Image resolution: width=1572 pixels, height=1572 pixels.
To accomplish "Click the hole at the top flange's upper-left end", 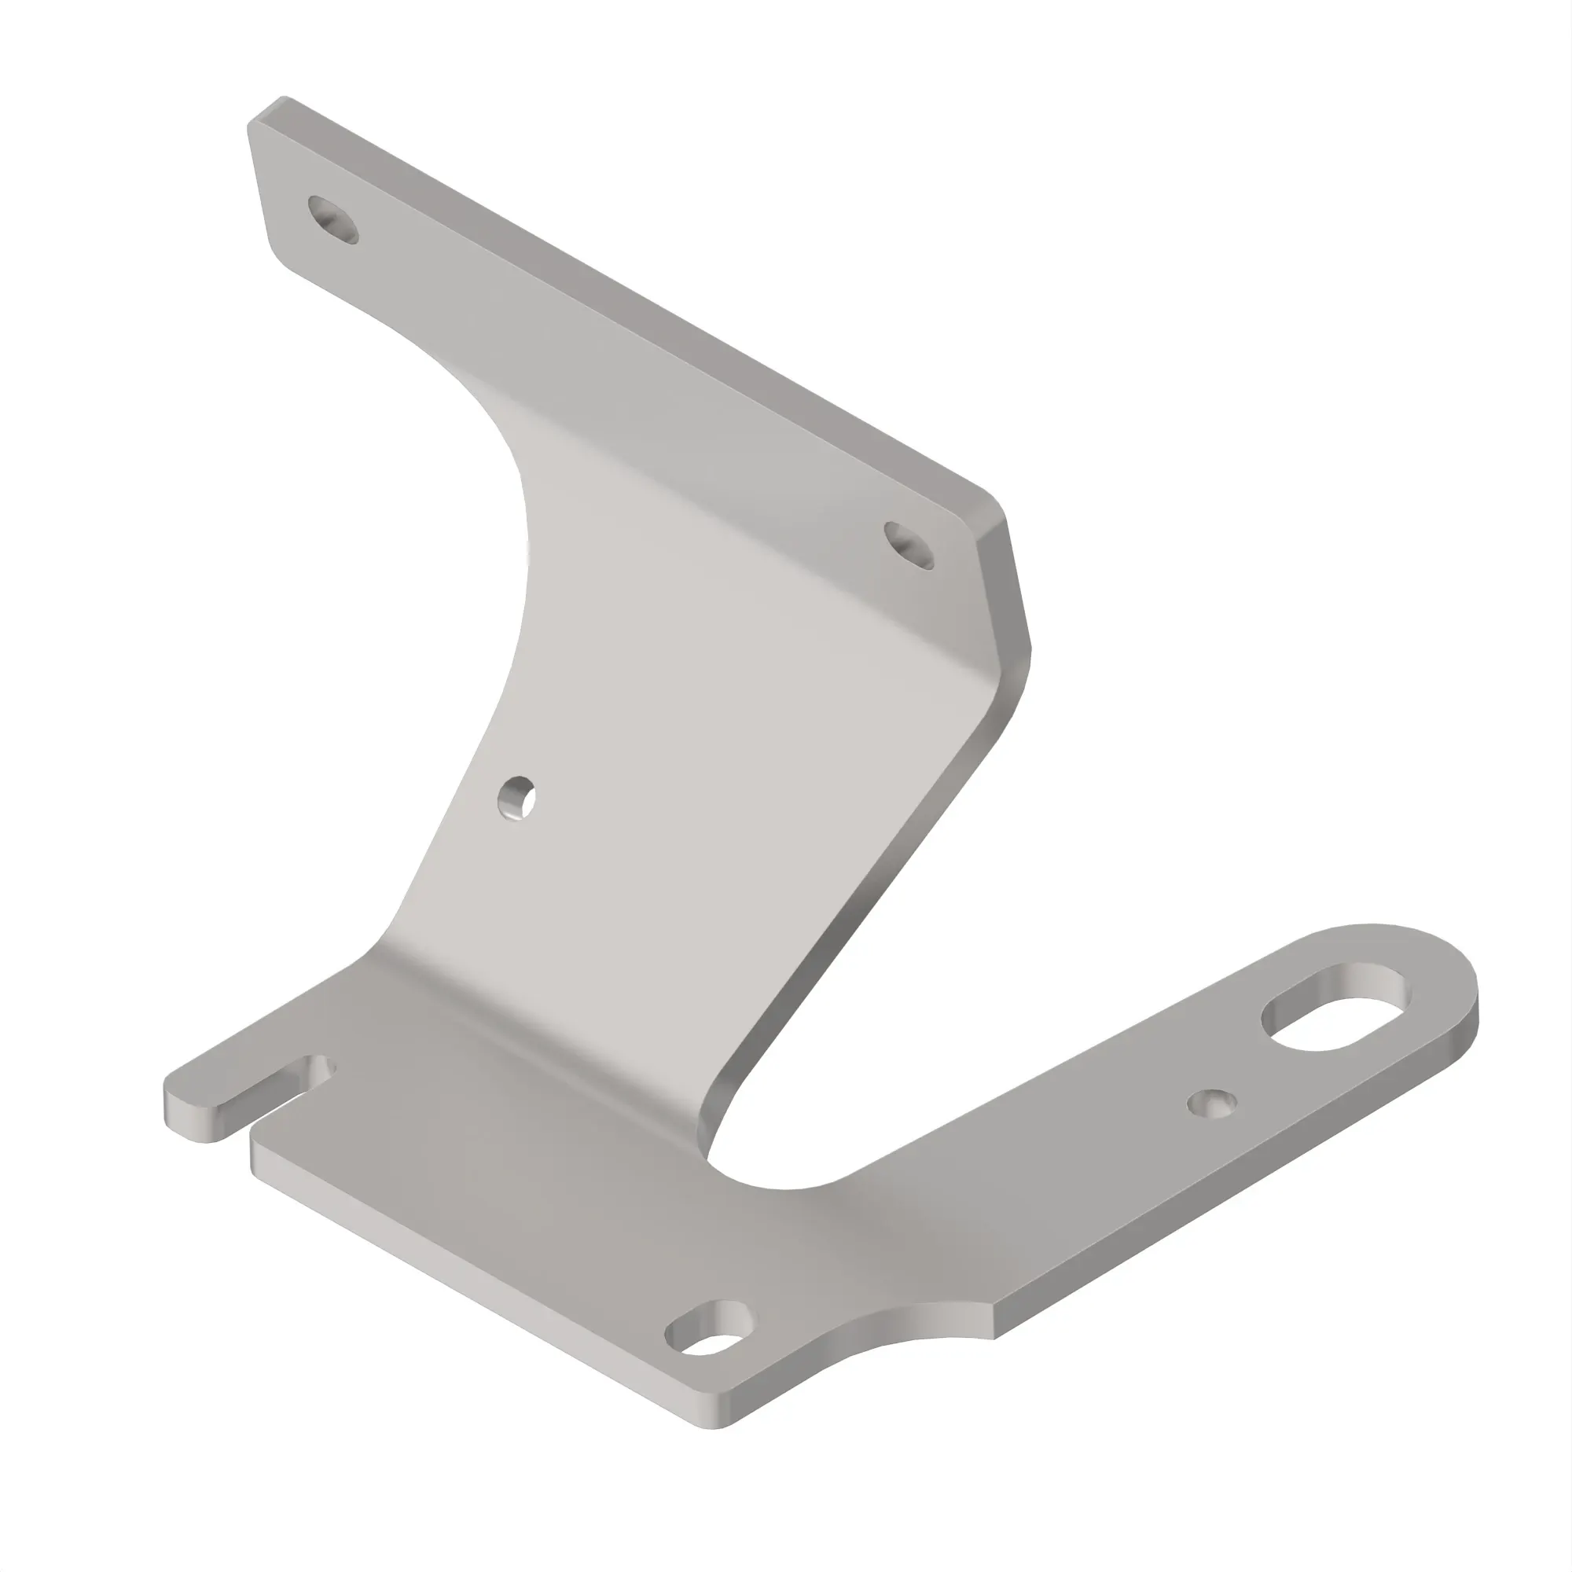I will click(x=332, y=219).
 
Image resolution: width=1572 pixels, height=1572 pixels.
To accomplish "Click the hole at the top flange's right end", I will click(x=908, y=545).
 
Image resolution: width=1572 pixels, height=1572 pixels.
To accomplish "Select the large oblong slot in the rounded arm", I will click(x=1335, y=1006).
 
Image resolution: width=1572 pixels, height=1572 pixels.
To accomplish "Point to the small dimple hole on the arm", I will click(x=1211, y=1104).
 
